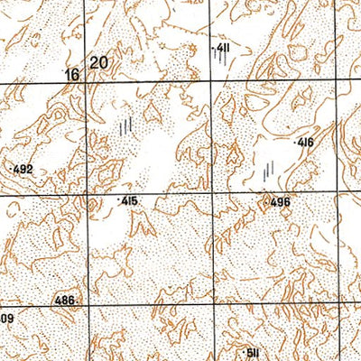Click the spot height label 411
[220, 47]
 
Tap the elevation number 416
[305, 143]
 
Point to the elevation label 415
[129, 201]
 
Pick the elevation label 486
[66, 300]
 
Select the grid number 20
[99, 62]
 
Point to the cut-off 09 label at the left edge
[6, 319]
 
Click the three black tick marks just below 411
[220, 59]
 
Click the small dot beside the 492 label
[10, 169]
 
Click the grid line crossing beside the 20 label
[88, 84]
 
